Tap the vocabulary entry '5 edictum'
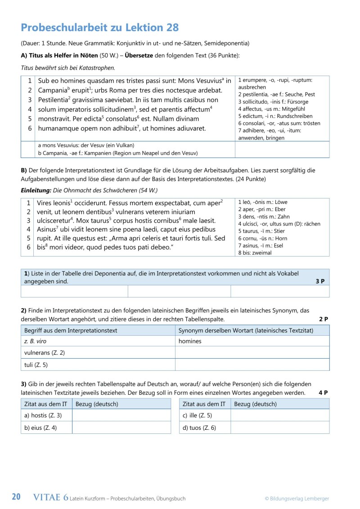click(265, 116)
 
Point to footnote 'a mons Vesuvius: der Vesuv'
click(86, 145)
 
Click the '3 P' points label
click(320, 281)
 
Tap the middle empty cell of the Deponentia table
click(179, 291)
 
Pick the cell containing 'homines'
click(190, 341)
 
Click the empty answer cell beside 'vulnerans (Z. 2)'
click(252, 352)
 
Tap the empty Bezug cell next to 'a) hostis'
click(121, 415)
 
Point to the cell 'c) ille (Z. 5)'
click(197, 415)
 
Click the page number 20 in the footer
click(16, 497)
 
